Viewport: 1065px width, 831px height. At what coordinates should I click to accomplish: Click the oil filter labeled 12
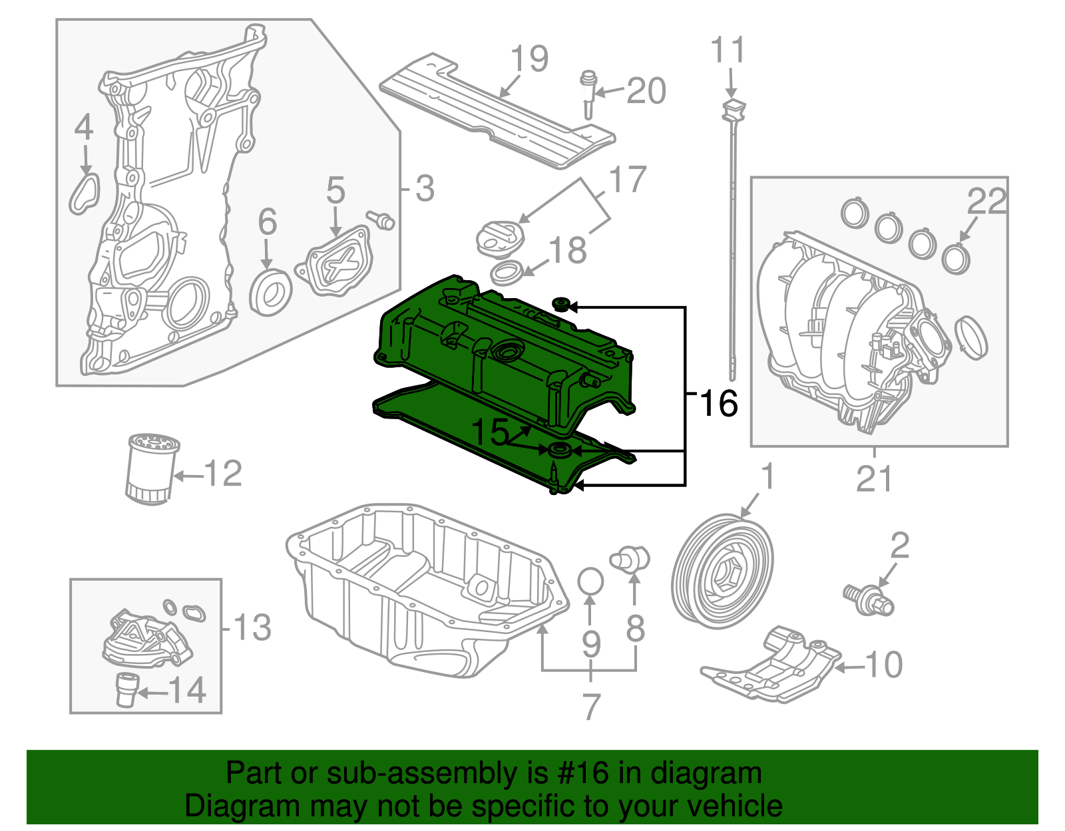pyautogui.click(x=151, y=469)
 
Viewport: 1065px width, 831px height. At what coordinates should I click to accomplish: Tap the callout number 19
pyautogui.click(x=530, y=59)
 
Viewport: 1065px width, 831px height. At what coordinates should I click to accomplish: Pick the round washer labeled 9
pyautogui.click(x=590, y=581)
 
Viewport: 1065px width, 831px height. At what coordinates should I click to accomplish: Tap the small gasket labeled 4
pyautogui.click(x=85, y=193)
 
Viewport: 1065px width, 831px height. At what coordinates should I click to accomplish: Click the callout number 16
pyautogui.click(x=719, y=403)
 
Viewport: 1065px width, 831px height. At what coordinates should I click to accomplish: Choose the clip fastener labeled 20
pyautogui.click(x=588, y=92)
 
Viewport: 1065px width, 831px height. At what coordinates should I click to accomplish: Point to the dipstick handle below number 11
pyautogui.click(x=732, y=110)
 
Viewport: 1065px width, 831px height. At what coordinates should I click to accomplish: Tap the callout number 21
pyautogui.click(x=874, y=478)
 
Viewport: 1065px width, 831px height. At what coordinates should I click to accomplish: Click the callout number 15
pyautogui.click(x=490, y=433)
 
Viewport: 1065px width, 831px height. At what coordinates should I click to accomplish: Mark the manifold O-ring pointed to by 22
pyautogui.click(x=956, y=257)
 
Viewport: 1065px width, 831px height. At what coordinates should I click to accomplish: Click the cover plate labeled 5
pyautogui.click(x=337, y=262)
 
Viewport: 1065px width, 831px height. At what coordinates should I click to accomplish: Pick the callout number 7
pyautogui.click(x=591, y=707)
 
